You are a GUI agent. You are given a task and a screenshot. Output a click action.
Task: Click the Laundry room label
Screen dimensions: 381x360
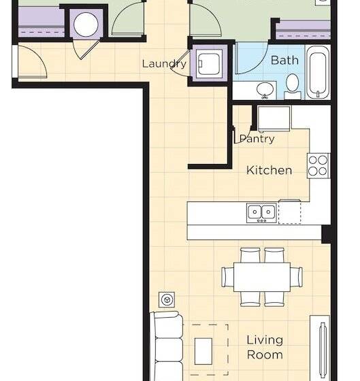(164, 64)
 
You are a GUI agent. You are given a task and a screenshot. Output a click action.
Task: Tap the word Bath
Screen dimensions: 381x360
(284, 61)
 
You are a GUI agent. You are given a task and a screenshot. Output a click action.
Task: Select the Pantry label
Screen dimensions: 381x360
(257, 139)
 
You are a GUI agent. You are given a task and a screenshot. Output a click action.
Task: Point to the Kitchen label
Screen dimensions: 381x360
(269, 170)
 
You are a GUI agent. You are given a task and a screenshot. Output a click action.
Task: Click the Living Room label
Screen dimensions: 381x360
(264, 347)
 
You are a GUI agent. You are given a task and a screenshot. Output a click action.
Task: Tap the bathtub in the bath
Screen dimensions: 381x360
(318, 73)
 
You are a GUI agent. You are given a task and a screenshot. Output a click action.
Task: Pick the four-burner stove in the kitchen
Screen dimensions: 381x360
(318, 165)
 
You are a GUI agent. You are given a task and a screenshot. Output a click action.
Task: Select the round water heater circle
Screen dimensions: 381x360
(86, 25)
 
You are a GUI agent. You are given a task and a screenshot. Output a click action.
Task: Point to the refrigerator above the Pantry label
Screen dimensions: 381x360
(274, 118)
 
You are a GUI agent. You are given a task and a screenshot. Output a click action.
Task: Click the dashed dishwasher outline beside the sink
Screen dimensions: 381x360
(289, 212)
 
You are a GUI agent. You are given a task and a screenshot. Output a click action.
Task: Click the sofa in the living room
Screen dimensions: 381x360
(167, 347)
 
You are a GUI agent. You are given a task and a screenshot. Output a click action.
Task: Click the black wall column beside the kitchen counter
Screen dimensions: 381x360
(327, 234)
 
